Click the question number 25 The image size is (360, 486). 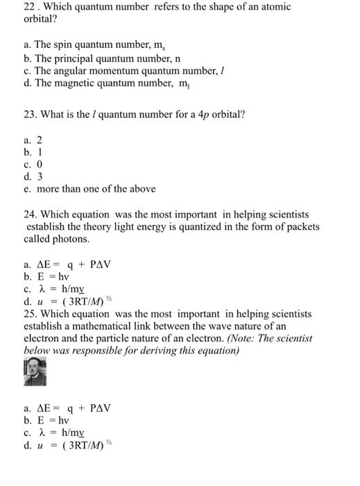[x=30, y=314]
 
